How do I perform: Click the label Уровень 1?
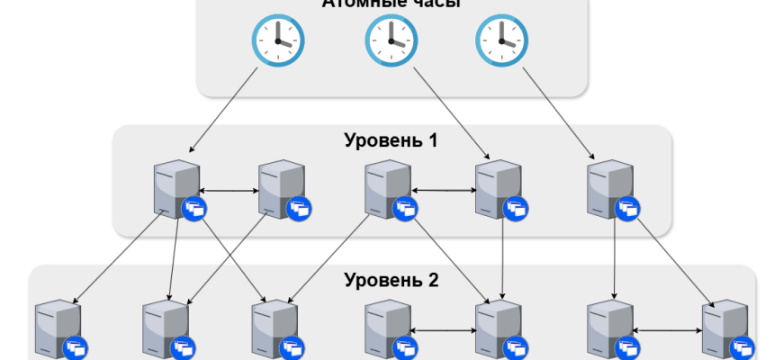(391, 141)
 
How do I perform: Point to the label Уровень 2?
(391, 280)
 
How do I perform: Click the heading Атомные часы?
(391, 4)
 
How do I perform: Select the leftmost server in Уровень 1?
(174, 187)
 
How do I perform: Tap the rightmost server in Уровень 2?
(725, 328)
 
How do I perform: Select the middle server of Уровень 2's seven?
(388, 328)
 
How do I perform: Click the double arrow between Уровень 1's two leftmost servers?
(229, 191)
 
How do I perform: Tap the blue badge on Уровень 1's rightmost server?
(627, 210)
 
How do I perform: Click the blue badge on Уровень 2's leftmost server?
(75, 347)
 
